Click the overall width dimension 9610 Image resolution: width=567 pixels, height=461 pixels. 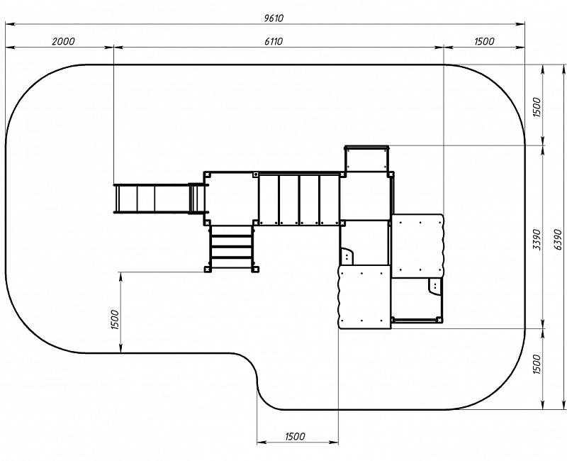(274, 18)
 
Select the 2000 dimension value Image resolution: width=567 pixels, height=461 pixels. (63, 41)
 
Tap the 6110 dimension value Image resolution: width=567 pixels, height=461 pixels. (274, 41)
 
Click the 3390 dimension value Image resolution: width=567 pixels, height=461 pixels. (537, 239)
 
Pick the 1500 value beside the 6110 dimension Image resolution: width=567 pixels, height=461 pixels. (484, 41)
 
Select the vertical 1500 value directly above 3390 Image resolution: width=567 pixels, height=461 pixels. (537, 108)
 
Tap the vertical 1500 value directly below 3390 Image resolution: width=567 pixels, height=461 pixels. (537, 365)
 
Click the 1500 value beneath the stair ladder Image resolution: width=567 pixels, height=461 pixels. (115, 320)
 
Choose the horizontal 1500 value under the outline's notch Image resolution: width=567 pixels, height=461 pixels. (295, 436)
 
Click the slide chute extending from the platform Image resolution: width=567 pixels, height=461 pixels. (152, 199)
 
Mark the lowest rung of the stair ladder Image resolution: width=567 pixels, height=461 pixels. (231, 258)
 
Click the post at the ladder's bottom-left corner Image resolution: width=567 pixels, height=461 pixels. (207, 270)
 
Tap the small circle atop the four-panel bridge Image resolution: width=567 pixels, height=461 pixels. (256, 174)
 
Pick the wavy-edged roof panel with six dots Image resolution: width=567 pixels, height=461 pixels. (364, 296)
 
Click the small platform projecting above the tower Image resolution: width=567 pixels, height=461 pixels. (366, 158)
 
